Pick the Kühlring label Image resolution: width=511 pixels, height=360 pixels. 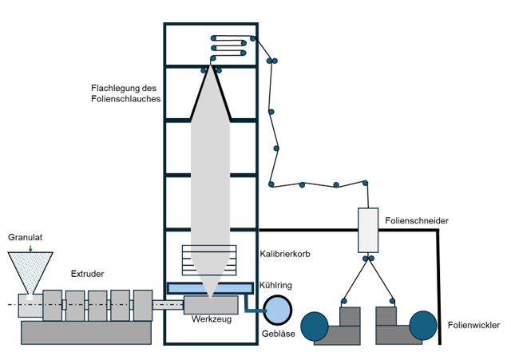point(276,285)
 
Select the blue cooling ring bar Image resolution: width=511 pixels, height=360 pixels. point(211,287)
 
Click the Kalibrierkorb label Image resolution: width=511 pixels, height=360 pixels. point(286,255)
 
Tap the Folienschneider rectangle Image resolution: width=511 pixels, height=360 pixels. point(368,231)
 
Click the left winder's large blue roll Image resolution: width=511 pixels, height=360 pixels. point(316,325)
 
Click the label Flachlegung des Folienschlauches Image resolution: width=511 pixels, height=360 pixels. point(127,93)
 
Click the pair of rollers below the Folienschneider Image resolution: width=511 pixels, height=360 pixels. point(368,259)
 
